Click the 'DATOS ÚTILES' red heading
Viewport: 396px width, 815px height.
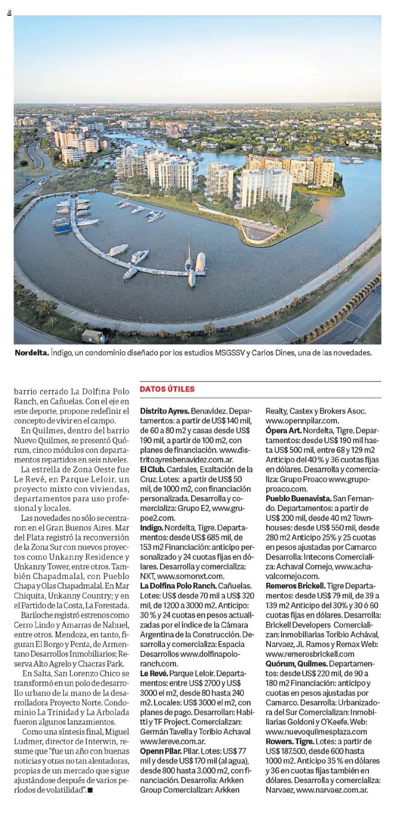[x=167, y=389]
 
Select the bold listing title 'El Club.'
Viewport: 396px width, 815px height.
[x=152, y=469]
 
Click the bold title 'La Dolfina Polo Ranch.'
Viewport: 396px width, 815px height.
[x=179, y=586]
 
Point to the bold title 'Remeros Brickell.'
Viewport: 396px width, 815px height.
[x=295, y=586]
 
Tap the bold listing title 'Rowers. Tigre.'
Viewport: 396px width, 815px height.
[x=290, y=742]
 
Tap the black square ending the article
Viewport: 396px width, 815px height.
[x=90, y=790]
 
